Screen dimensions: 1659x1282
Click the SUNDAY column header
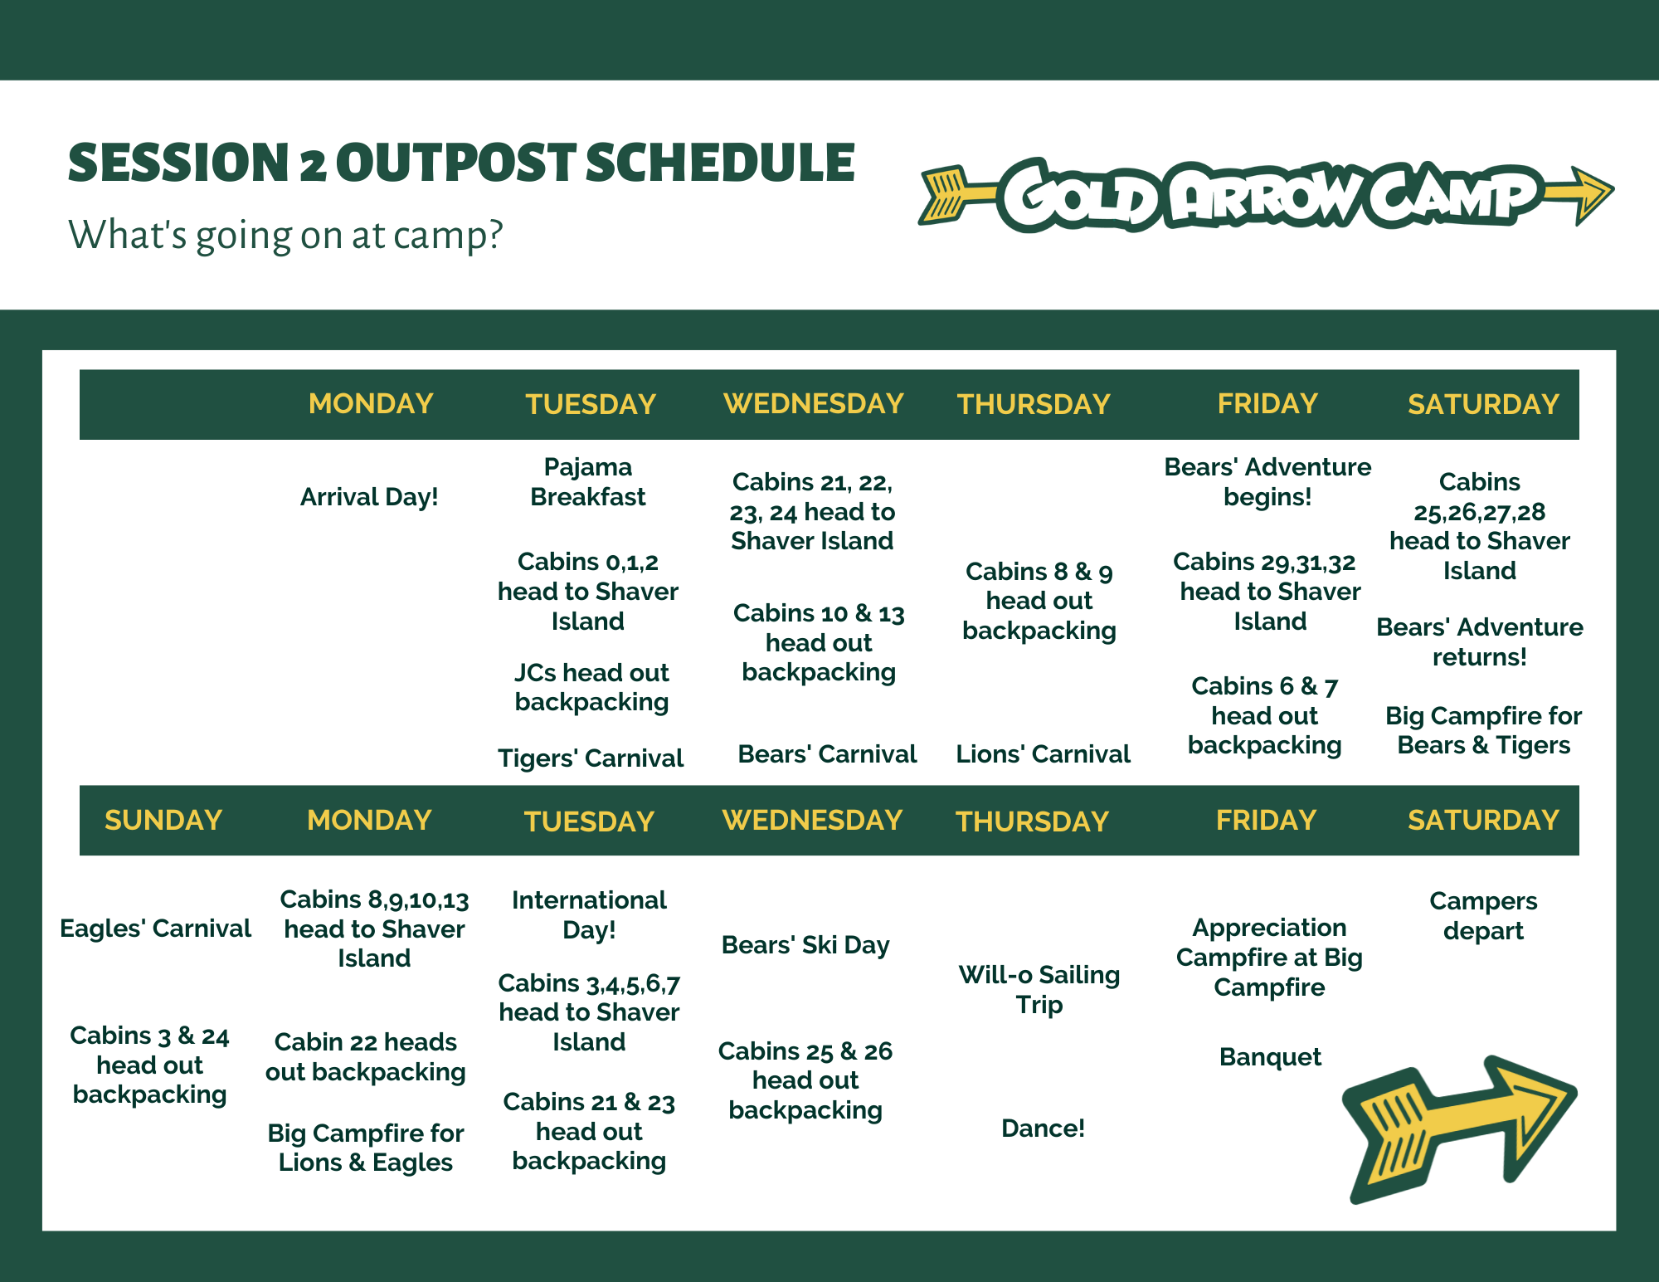163,820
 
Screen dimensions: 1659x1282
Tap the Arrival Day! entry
369,497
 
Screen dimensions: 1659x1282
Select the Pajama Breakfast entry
588,482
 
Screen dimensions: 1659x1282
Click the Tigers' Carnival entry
591,758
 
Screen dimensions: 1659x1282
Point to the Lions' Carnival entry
1043,754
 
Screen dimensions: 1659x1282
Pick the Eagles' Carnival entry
155,929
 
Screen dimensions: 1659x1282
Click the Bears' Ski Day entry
805,945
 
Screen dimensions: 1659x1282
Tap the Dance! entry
1043,1128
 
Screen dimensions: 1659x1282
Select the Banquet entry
1270,1057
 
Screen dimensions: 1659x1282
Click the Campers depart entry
1483,916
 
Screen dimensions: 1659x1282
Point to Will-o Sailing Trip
1039,990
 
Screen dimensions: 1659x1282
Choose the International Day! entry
589,914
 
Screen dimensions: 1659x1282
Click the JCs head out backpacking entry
591,687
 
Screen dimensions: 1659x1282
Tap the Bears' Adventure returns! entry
1480,642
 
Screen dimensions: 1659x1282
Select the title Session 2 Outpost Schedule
461,163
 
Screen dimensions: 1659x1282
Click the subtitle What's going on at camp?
285,235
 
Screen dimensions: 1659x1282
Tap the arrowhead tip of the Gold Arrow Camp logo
1613,193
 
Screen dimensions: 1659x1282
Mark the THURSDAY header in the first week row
1034,404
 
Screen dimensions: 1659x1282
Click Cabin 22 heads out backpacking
366,1057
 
